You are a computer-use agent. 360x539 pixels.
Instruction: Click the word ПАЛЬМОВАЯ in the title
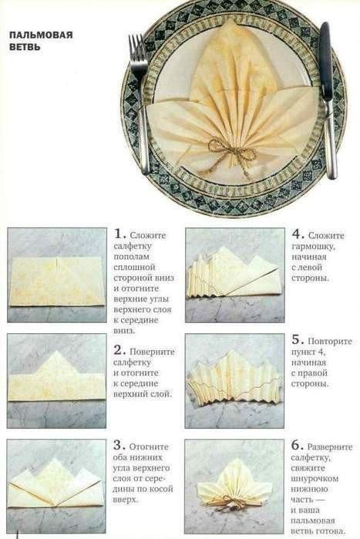(x=41, y=35)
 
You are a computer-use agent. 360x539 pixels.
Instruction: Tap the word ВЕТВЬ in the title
(x=25, y=47)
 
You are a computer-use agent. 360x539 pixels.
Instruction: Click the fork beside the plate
(x=140, y=103)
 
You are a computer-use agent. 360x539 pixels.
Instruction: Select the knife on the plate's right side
(x=328, y=99)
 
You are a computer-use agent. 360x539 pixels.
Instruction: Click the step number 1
(x=119, y=234)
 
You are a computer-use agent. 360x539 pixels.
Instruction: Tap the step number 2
(x=118, y=350)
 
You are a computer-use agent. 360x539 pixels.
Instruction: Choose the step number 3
(x=118, y=446)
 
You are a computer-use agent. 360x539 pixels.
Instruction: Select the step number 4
(x=297, y=234)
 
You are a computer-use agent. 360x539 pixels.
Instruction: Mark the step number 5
(x=297, y=340)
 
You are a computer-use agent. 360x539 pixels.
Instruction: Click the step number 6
(x=297, y=446)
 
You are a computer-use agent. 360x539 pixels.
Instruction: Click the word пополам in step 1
(x=132, y=257)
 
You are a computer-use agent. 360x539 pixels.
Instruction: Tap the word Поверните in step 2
(x=152, y=352)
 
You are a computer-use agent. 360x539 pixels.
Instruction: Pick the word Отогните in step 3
(x=149, y=447)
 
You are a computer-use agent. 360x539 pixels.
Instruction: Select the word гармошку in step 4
(x=313, y=247)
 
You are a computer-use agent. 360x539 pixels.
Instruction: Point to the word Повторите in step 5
(x=330, y=342)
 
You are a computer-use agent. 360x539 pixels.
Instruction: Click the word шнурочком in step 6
(x=315, y=479)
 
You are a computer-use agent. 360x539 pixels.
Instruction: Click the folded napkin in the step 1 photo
(x=57, y=281)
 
